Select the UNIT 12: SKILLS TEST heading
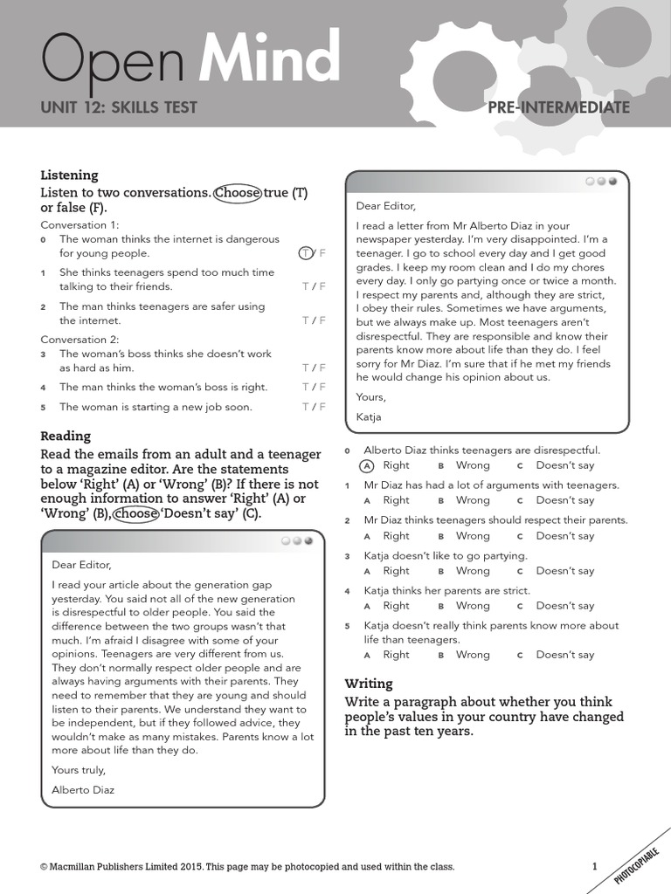point(119,107)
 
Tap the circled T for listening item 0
point(306,253)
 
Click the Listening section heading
point(69,175)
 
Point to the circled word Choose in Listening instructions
point(237,192)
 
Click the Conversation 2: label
point(80,339)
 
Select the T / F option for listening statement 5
point(313,407)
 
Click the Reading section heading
point(66,436)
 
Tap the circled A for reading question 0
point(367,465)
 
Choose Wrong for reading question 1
point(472,500)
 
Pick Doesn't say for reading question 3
point(564,570)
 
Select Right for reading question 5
point(395,654)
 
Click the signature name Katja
point(370,416)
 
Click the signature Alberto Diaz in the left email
point(83,789)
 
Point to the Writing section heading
point(369,683)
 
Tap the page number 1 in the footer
point(595,866)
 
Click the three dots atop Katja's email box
point(601,182)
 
